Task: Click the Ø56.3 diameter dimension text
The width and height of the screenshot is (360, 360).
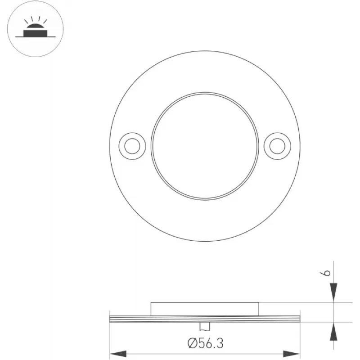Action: tap(205, 343)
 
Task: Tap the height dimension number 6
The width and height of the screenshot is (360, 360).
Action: tap(325, 273)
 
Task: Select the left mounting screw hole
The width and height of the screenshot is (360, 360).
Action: tap(132, 146)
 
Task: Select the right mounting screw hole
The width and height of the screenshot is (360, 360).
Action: tap(277, 146)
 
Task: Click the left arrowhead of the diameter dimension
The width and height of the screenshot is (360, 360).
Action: tap(118, 354)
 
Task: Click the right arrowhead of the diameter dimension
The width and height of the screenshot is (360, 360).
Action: tap(292, 354)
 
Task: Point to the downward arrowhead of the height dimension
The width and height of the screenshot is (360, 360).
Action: tap(333, 292)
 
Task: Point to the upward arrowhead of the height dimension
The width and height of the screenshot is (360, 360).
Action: tap(333, 332)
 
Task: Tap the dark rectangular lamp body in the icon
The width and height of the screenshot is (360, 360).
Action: tap(36, 33)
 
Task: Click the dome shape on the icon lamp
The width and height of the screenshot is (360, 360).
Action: tap(36, 26)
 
